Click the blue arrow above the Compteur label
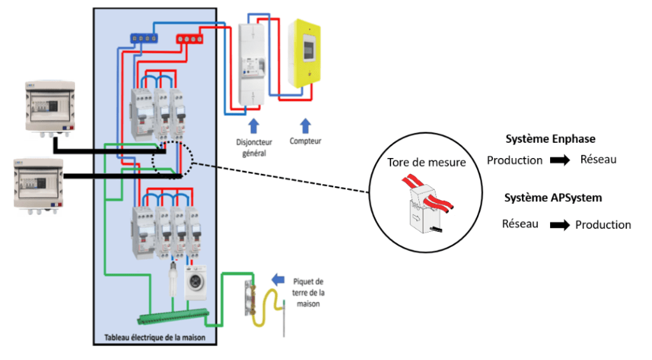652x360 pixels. pyautogui.click(x=306, y=125)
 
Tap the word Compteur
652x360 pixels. pyautogui.click(x=306, y=141)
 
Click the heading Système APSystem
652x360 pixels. pyautogui.click(x=553, y=198)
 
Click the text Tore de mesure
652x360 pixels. pyautogui.click(x=426, y=162)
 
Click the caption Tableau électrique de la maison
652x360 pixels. pyautogui.click(x=157, y=336)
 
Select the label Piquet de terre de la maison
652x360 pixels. pyautogui.click(x=309, y=292)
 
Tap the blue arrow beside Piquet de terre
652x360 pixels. pyautogui.click(x=278, y=278)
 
